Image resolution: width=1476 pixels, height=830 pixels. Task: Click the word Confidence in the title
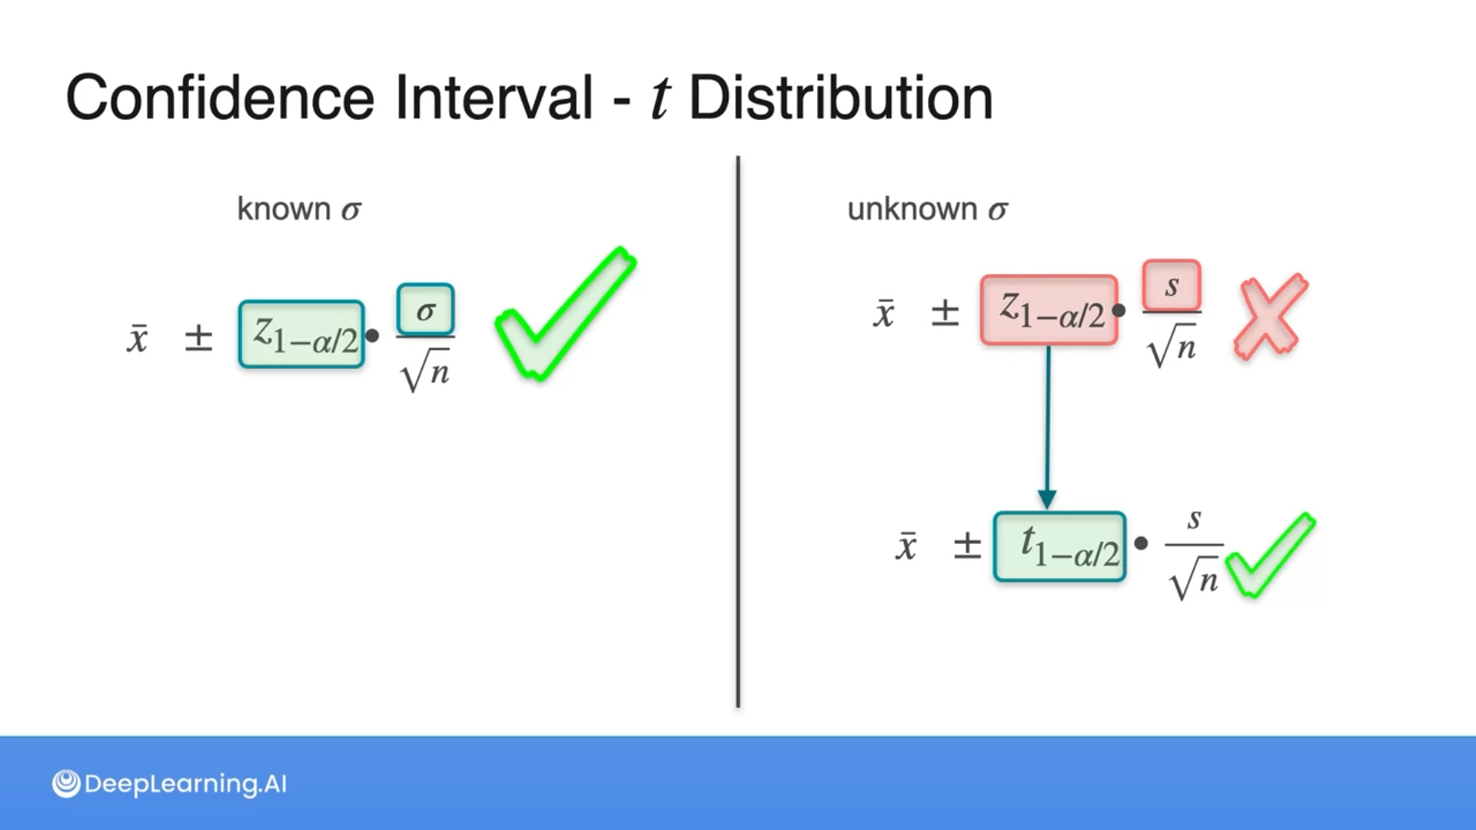click(x=220, y=98)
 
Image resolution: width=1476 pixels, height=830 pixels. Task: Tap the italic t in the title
click(x=660, y=98)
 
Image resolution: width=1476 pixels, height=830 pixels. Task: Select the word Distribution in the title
click(x=840, y=98)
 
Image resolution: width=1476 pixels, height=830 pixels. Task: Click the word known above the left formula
click(x=284, y=209)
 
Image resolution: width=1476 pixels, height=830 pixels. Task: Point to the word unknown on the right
click(x=912, y=209)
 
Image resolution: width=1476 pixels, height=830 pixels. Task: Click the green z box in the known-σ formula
click(x=301, y=334)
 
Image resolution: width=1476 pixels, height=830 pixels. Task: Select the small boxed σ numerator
click(x=425, y=310)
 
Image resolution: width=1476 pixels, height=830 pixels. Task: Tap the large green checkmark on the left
click(x=565, y=315)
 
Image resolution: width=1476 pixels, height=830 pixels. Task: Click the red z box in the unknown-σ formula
click(x=1049, y=310)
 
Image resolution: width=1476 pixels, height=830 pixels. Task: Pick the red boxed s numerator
click(x=1171, y=286)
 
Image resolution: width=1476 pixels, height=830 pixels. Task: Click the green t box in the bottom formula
click(x=1059, y=546)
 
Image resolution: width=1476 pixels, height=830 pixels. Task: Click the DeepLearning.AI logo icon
click(x=66, y=784)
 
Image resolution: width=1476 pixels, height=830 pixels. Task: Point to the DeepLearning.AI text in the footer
click(x=185, y=784)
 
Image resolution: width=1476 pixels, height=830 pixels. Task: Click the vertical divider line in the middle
click(x=738, y=430)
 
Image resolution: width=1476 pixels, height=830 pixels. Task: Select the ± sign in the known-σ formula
click(x=198, y=337)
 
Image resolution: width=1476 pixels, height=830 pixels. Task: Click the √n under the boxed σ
click(x=425, y=371)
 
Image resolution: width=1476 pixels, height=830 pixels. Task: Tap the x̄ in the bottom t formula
click(x=906, y=546)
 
